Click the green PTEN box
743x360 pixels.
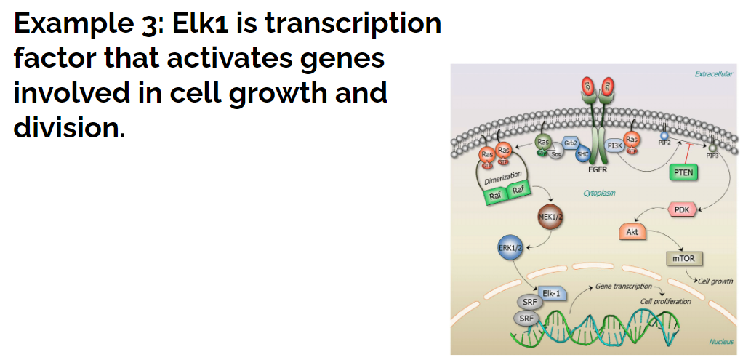click(682, 172)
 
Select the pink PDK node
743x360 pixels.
click(681, 210)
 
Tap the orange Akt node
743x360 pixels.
click(632, 232)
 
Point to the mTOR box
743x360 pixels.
click(683, 258)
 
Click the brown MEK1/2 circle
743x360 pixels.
click(550, 217)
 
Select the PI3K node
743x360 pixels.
click(614, 146)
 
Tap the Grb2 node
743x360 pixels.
click(571, 142)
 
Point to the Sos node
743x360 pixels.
click(556, 153)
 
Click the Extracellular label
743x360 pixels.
click(713, 74)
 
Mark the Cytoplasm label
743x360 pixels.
click(599, 193)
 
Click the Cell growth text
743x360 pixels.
click(715, 281)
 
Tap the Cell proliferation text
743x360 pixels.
click(665, 301)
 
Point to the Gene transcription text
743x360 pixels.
click(623, 287)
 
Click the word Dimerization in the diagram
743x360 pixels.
click(502, 177)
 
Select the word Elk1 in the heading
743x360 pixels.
click(200, 24)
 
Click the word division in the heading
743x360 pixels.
click(68, 128)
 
